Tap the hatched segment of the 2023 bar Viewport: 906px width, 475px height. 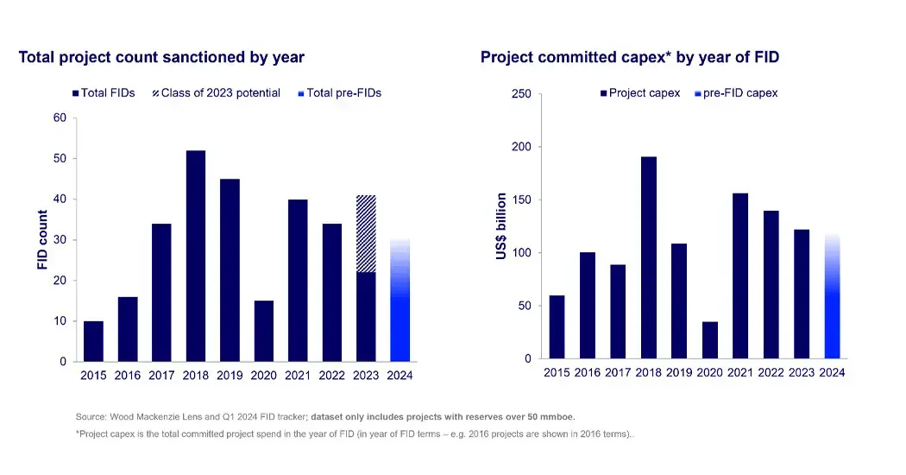366,233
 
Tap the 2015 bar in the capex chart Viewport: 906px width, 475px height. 557,326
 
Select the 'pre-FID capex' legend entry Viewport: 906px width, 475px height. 734,93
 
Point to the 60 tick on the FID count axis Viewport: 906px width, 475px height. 60,118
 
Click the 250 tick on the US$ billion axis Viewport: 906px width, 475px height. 521,94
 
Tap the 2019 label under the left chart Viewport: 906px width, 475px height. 230,376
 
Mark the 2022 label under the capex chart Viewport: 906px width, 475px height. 771,373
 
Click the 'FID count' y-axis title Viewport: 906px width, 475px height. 42,239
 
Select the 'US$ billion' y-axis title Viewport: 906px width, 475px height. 501,226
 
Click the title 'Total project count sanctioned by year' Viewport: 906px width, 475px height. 161,58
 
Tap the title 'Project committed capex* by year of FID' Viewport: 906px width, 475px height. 630,58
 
